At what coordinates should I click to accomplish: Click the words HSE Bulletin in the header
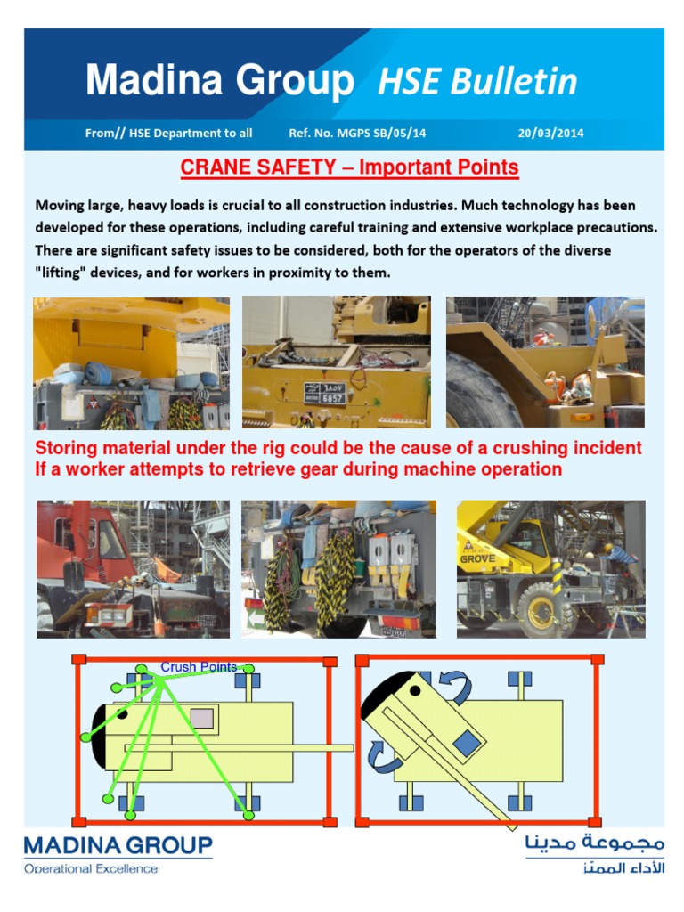tap(477, 81)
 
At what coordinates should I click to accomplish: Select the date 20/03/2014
tap(551, 133)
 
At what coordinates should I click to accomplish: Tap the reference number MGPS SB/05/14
tap(357, 133)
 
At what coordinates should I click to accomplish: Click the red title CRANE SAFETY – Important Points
tap(349, 167)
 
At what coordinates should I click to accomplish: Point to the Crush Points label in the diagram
tap(199, 666)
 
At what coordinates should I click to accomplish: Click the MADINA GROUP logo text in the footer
tap(118, 844)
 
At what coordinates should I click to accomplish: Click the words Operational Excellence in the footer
tap(91, 868)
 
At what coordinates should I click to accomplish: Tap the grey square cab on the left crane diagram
tap(203, 718)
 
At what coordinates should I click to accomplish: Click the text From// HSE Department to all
tap(168, 133)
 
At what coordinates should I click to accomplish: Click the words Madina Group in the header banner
tap(219, 81)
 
